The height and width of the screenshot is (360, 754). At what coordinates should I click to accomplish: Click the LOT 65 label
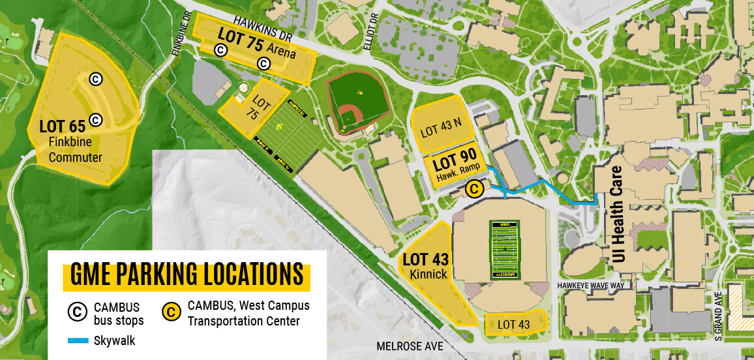coord(63,126)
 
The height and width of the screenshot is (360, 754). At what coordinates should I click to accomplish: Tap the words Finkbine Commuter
coord(75,149)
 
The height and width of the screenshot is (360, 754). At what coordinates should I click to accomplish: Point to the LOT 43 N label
coord(442,129)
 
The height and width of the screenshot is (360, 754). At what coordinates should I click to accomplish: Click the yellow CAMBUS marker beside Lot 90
coord(475,189)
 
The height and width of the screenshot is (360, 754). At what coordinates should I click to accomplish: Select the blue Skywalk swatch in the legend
coord(78,340)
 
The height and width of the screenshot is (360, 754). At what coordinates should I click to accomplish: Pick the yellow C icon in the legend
coord(171,312)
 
